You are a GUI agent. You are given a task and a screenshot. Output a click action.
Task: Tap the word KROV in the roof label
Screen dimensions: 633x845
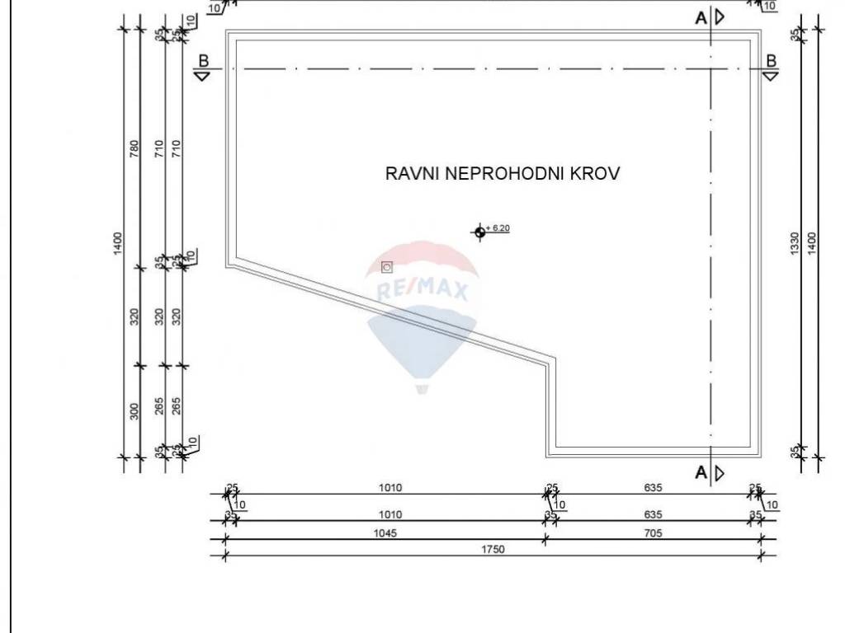598,174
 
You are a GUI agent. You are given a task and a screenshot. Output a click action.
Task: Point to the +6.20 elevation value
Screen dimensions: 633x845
498,227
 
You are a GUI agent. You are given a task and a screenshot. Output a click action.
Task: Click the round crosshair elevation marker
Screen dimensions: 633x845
479,232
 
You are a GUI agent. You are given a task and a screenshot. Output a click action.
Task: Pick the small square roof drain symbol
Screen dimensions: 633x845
387,267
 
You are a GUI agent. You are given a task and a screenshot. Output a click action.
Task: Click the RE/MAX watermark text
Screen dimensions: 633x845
422,290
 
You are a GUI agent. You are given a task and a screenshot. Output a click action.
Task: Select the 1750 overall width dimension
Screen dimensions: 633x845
493,549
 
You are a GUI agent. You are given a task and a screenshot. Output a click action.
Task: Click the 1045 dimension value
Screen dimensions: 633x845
385,532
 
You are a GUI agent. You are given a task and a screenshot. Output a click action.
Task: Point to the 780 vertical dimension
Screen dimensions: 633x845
135,148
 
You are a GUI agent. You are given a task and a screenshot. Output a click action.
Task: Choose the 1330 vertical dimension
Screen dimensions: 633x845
795,243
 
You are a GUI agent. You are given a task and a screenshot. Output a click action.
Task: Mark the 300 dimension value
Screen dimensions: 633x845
135,410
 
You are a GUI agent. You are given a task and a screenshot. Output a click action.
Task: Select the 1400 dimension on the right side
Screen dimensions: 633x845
812,243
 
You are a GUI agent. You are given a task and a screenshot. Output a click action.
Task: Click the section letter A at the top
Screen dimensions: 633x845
701,17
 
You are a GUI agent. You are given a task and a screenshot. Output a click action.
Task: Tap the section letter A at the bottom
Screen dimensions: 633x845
701,472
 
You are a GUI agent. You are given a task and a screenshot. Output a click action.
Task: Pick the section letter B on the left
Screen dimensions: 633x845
203,60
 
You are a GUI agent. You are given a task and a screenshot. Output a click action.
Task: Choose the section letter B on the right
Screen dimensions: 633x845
771,60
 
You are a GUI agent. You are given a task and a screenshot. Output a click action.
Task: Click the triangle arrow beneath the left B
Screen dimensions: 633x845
203,76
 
